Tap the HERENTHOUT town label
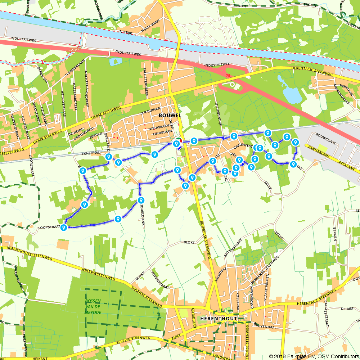[x=219, y=319]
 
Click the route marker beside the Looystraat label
[x=64, y=228]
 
